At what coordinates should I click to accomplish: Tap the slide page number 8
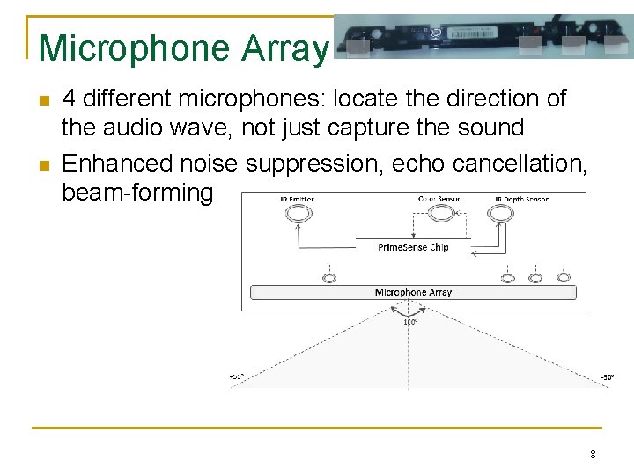pyautogui.click(x=593, y=454)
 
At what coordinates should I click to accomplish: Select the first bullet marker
pyautogui.click(x=44, y=99)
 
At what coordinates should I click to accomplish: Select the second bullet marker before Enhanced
pyautogui.click(x=44, y=164)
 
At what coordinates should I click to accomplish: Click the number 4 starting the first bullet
pyautogui.click(x=69, y=99)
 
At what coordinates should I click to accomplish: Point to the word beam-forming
pyautogui.click(x=136, y=194)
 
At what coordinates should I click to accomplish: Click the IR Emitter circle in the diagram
pyautogui.click(x=298, y=214)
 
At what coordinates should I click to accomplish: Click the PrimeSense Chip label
pyautogui.click(x=413, y=247)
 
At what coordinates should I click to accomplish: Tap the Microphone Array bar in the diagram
pyautogui.click(x=413, y=292)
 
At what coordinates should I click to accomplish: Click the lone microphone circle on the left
pyautogui.click(x=329, y=278)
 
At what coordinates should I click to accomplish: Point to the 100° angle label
pyautogui.click(x=410, y=322)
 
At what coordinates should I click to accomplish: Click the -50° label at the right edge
pyautogui.click(x=608, y=377)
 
